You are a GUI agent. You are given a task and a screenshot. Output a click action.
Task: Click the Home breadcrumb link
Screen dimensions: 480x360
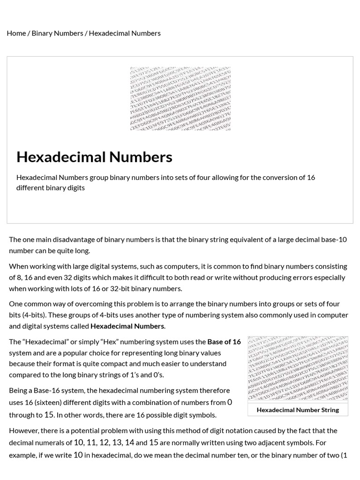pos(16,33)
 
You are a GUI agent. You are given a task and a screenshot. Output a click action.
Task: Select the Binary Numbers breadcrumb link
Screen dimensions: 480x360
pos(57,33)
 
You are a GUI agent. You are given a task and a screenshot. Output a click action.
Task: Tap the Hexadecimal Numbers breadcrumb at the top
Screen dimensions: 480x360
pos(125,33)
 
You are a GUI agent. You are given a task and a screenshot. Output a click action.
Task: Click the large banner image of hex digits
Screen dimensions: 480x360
pos(180,98)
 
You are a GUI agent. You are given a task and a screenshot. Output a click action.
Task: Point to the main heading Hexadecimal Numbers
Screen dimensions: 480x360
pos(94,157)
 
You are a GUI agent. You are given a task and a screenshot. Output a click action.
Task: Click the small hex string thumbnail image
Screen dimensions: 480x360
pos(298,368)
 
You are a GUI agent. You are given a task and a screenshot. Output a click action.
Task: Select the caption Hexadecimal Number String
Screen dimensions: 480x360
pos(298,410)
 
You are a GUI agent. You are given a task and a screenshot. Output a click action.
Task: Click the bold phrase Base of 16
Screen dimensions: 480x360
pos(224,342)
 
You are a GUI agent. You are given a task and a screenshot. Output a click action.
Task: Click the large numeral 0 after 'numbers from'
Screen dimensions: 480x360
pos(230,402)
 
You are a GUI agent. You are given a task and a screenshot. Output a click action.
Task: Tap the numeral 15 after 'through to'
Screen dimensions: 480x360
pos(49,414)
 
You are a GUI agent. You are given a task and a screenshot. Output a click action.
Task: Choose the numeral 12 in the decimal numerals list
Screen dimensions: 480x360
pos(104,442)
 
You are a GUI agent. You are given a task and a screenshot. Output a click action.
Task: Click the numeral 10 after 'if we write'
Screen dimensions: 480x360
pos(78,455)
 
